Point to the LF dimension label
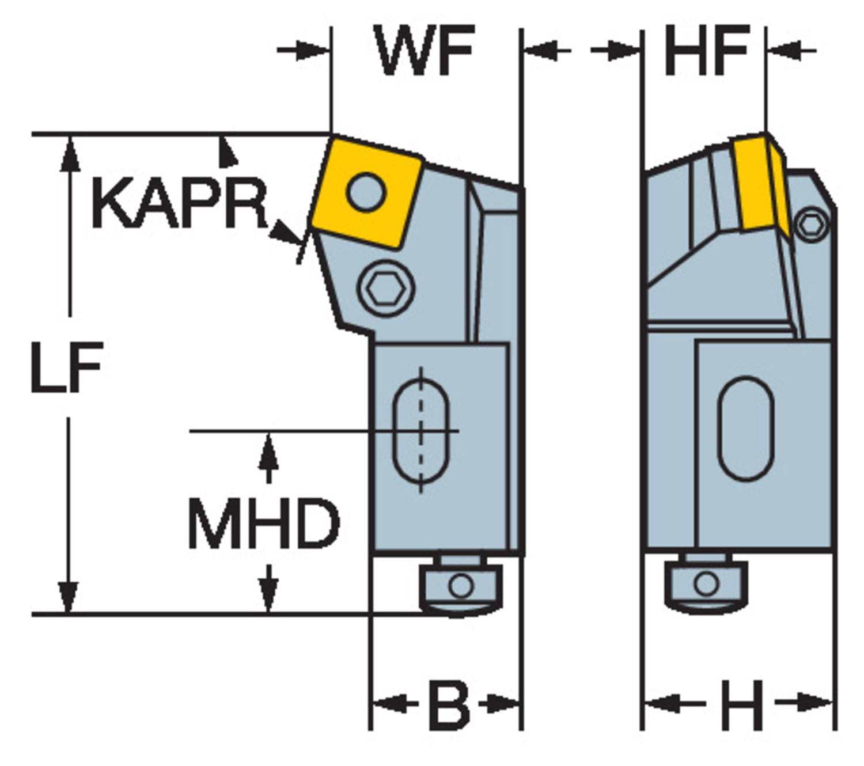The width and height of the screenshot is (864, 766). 66,367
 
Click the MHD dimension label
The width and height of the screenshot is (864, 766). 264,524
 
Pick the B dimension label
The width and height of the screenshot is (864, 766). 449,704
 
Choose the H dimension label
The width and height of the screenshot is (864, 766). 742,704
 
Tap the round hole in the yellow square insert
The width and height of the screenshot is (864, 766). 366,191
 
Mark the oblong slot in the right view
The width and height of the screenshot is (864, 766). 745,429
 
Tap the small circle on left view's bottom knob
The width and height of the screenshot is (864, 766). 460,586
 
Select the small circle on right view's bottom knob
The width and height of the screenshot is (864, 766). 706,584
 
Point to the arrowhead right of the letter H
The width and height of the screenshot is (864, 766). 818,703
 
